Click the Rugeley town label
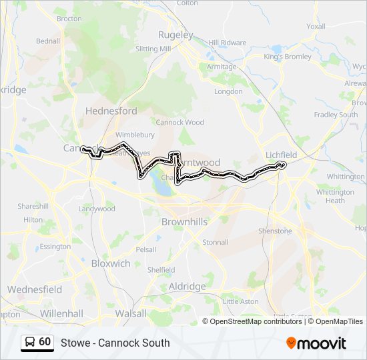175,35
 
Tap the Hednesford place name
111,111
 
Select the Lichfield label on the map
281,155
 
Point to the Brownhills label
184,221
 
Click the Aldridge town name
187,286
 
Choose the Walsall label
130,313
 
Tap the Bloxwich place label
111,263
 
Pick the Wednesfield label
35,290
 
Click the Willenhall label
61,313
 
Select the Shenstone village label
276,231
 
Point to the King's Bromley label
288,57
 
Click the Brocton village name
69,19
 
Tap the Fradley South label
336,115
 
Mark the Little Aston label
240,301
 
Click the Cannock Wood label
179,123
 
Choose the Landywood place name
97,209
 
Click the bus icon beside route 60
30,342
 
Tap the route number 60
45,342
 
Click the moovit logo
316,343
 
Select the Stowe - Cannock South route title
115,343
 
